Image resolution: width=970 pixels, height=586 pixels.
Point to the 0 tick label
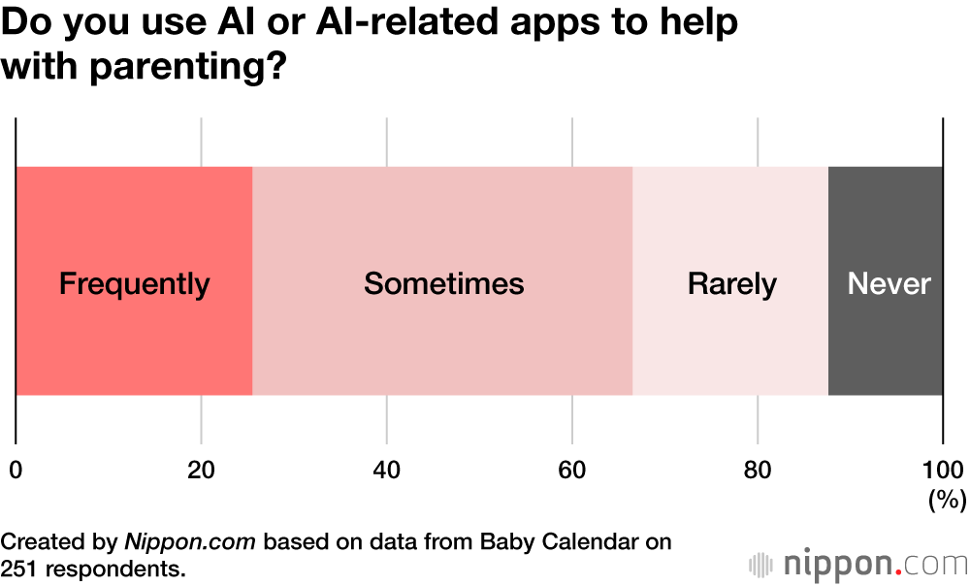pyautogui.click(x=16, y=470)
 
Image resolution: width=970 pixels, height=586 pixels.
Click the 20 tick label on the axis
pyautogui.click(x=201, y=470)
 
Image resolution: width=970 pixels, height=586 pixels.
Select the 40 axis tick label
pyautogui.click(x=386, y=470)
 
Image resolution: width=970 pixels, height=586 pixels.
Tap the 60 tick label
pyautogui.click(x=571, y=470)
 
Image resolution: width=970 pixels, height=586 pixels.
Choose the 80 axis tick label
pyautogui.click(x=757, y=470)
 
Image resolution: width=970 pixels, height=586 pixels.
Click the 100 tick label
pyautogui.click(x=943, y=470)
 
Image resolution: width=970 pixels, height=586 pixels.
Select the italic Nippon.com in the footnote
pyautogui.click(x=190, y=541)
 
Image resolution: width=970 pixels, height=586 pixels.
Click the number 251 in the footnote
pyautogui.click(x=22, y=567)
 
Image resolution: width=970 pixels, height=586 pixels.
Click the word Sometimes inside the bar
pyautogui.click(x=443, y=284)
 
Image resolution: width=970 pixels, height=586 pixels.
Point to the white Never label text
pyautogui.click(x=889, y=284)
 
